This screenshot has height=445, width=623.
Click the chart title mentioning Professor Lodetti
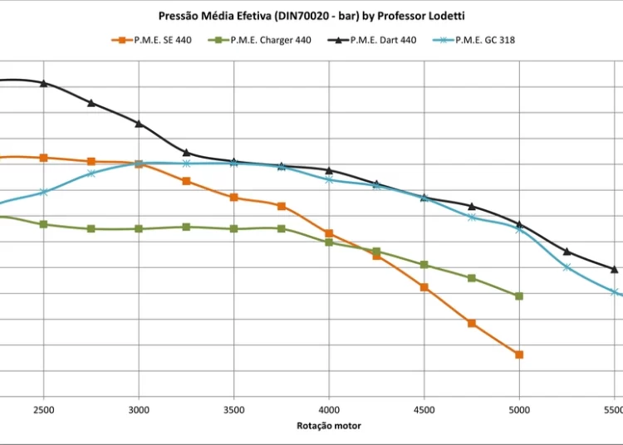(x=317, y=16)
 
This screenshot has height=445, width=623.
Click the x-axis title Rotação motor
(x=329, y=426)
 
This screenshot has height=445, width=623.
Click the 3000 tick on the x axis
(x=139, y=410)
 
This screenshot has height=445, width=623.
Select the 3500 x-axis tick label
(x=234, y=410)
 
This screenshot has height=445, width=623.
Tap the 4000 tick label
(x=329, y=410)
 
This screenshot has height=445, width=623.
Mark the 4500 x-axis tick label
(x=424, y=410)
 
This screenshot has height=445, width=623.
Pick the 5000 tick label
(x=519, y=410)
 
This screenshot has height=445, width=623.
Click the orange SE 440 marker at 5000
(x=519, y=355)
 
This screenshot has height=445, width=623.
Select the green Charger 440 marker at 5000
(x=519, y=296)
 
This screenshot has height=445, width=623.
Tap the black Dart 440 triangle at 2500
(x=43, y=83)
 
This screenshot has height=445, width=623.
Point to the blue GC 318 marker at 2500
(x=43, y=193)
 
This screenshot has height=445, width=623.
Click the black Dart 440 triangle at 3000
(x=139, y=124)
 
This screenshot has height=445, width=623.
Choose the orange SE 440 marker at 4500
(x=424, y=287)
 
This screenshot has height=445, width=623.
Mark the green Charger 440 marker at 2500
(x=43, y=224)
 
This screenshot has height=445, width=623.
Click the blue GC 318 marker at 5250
(x=567, y=267)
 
